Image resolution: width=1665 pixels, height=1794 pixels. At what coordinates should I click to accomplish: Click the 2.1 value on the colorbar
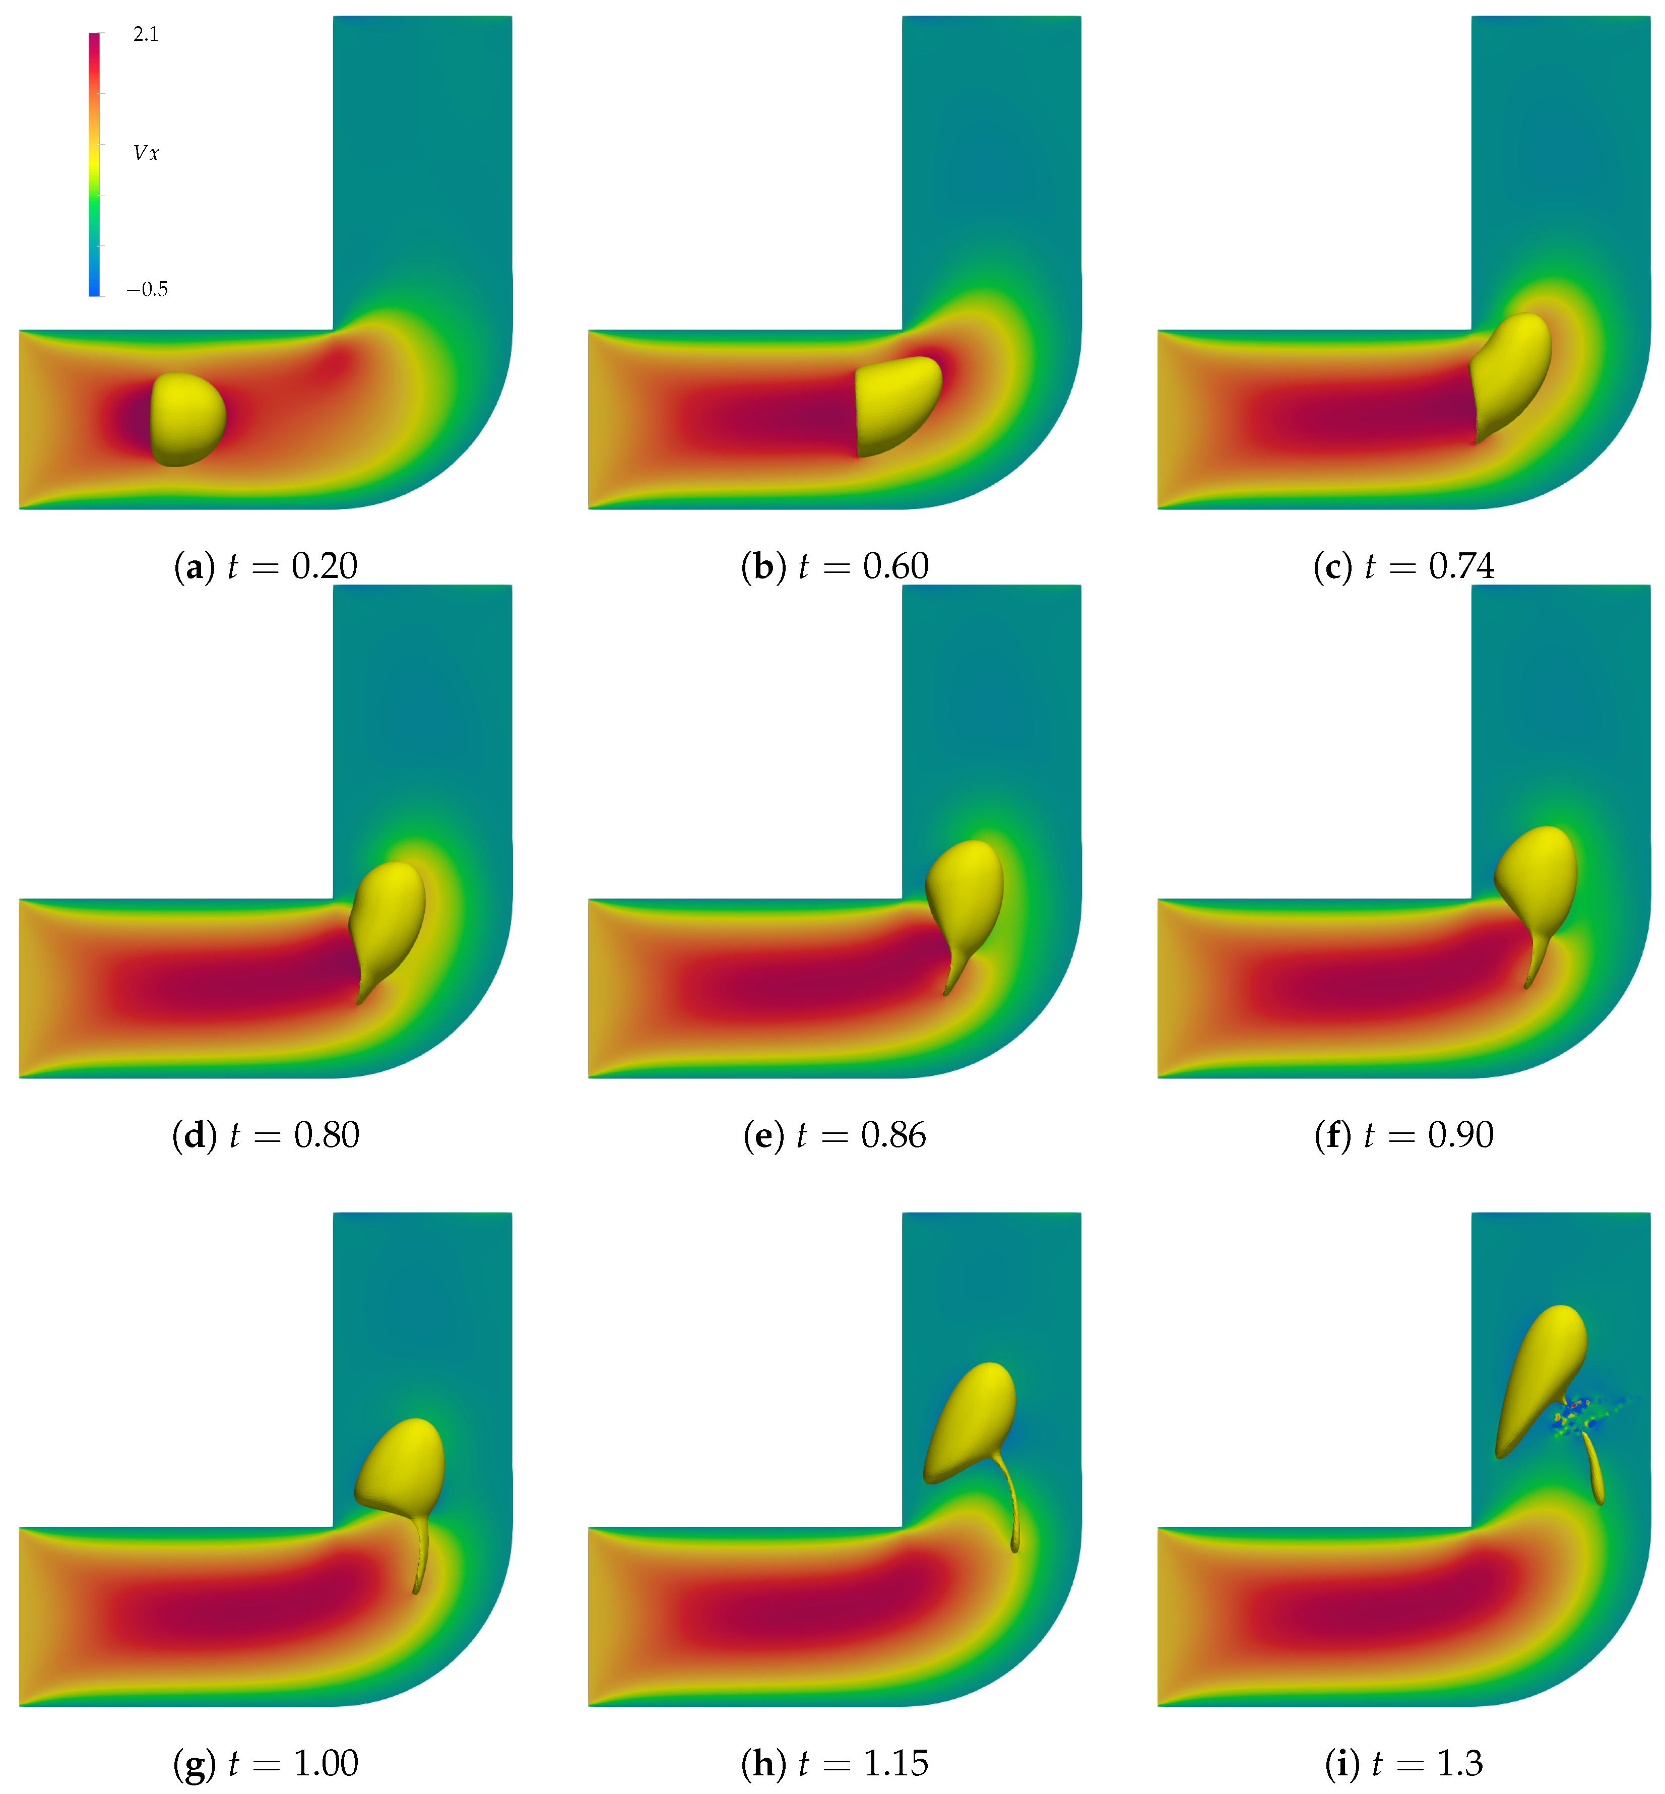(145, 34)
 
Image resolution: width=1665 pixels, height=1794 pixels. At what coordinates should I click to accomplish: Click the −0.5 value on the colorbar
(147, 289)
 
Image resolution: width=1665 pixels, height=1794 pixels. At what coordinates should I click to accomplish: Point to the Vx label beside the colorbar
(146, 153)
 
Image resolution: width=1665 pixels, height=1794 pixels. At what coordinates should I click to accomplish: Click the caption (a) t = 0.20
(266, 566)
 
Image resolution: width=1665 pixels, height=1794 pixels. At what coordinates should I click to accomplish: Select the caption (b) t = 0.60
(835, 566)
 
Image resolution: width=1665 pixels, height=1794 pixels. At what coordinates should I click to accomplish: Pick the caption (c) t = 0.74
(1404, 566)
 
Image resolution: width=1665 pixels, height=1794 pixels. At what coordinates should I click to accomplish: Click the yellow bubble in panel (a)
(186, 419)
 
